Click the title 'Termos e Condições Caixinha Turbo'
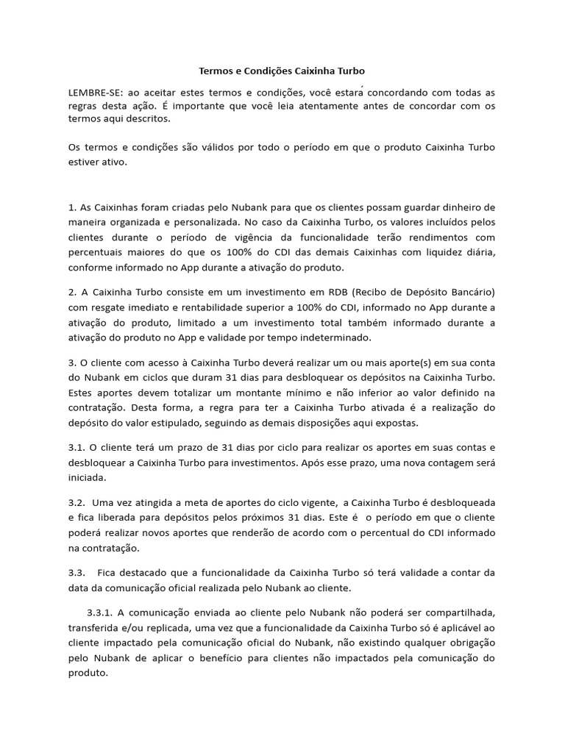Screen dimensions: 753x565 click(x=282, y=71)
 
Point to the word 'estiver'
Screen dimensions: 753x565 click(x=83, y=161)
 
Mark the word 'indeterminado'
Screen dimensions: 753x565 click(x=338, y=337)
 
